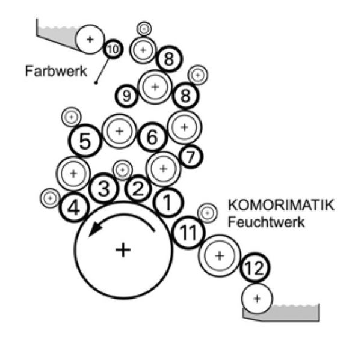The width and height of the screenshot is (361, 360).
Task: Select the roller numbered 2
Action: point(138,189)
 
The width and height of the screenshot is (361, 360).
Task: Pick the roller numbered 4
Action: point(74,209)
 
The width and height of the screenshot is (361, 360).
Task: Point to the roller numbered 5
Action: point(85,142)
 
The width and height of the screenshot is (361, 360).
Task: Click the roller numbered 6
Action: point(152,138)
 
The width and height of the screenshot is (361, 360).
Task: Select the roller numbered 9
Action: point(127,96)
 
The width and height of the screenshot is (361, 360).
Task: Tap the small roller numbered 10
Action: point(113,49)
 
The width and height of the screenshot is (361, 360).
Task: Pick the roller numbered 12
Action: point(255,270)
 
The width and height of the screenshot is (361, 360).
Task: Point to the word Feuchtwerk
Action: point(266,221)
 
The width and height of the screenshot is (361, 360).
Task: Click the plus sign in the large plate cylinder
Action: point(123,249)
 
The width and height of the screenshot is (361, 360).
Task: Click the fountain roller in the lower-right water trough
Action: point(258,297)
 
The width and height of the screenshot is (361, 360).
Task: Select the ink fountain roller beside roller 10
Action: point(90,39)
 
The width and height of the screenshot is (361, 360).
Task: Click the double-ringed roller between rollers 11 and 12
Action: point(220,255)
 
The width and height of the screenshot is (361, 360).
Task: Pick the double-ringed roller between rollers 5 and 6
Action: point(119,130)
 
